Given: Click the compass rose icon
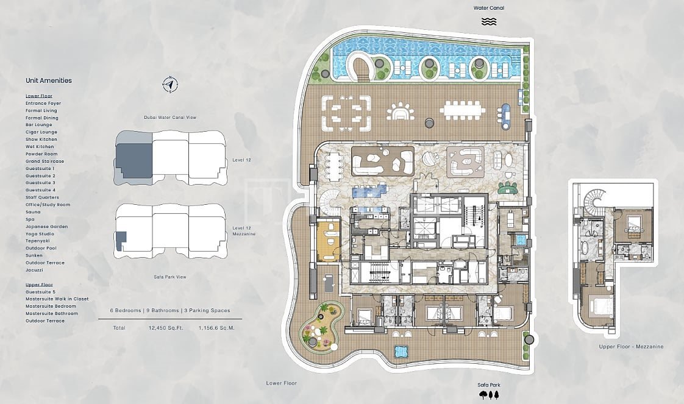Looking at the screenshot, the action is [170, 84].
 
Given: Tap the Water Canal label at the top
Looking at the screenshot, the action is [488, 8].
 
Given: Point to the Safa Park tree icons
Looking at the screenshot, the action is [488, 395].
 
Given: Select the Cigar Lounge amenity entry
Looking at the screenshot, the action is [41, 132].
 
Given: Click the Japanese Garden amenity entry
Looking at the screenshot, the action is [47, 227].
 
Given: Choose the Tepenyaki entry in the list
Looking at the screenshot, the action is [38, 241].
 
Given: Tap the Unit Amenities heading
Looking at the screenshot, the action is [48, 80].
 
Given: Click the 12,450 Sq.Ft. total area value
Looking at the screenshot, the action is [166, 328].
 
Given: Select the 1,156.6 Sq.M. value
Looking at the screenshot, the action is [216, 328].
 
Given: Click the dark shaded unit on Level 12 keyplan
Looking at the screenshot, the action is [134, 160].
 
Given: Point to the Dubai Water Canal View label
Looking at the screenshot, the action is [170, 117].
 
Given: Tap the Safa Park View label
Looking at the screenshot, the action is [170, 277].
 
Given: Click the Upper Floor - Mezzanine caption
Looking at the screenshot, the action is [631, 347].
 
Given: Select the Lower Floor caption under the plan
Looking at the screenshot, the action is [282, 383].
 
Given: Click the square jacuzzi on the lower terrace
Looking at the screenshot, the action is [401, 351].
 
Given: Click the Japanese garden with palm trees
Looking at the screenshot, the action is [321, 327].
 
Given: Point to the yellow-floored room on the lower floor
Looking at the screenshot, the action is [330, 241].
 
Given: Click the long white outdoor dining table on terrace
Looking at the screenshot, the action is [462, 110].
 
